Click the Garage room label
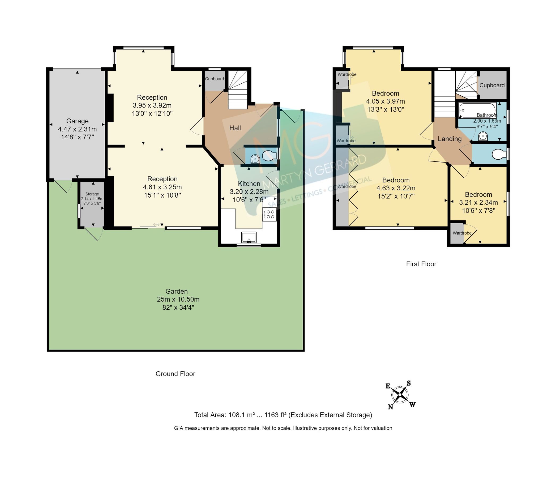(77, 121)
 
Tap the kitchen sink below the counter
(249, 237)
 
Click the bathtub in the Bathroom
(477, 110)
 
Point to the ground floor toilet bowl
(269, 155)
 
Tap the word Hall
(235, 128)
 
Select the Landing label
(450, 139)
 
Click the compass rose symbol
(400, 395)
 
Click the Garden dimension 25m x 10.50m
(178, 299)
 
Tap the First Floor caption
(421, 264)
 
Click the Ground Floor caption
(175, 374)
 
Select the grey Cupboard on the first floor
(492, 85)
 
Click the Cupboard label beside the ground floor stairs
(214, 79)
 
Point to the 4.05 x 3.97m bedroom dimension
(385, 101)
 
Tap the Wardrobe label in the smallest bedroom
(462, 233)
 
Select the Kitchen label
(249, 184)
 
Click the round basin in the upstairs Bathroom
(483, 137)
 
